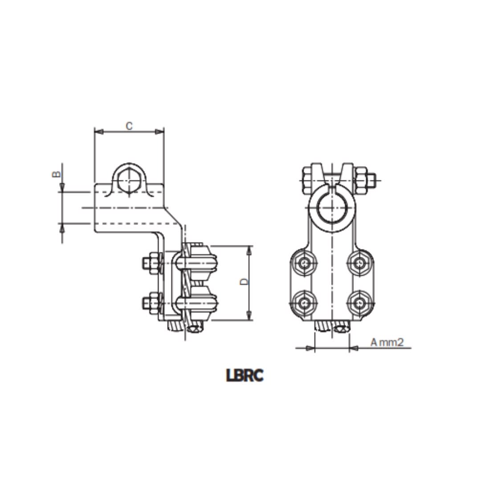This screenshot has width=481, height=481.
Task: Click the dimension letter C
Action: (129, 126)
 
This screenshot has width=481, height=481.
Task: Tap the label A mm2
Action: (387, 342)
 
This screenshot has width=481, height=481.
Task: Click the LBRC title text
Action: (245, 375)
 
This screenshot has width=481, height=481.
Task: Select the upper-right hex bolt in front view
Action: (359, 263)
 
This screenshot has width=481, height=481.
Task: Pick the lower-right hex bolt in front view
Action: (359, 303)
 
